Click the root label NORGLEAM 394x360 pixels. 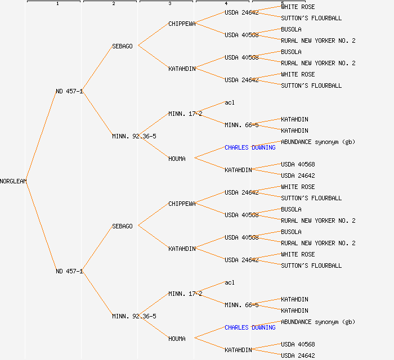click(14, 181)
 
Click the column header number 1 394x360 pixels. click(57, 4)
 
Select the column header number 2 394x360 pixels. click(113, 4)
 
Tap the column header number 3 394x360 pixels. click(169, 4)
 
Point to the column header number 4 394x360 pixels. click(226, 4)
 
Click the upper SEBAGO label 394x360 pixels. click(122, 46)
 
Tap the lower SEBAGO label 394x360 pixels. click(122, 226)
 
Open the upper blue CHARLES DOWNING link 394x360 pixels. click(250, 147)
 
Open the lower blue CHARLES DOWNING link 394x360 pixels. click(250, 327)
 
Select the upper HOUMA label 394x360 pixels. click(177, 159)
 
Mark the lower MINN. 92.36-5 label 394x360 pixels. click(134, 316)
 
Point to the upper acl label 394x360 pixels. click(229, 102)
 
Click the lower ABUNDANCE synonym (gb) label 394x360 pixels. click(318, 322)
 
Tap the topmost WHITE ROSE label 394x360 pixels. click(298, 7)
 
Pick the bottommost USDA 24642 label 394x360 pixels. click(298, 355)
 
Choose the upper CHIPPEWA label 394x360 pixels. click(182, 24)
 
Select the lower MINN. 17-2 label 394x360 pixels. click(185, 294)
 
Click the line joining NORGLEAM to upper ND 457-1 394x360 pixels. click(41, 137)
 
